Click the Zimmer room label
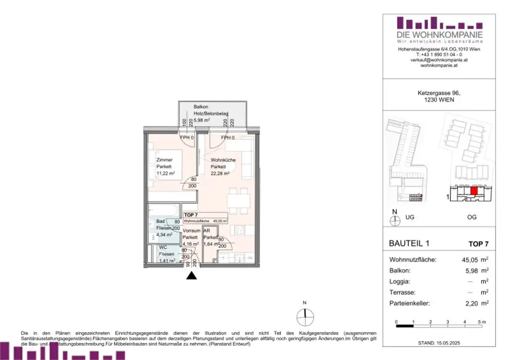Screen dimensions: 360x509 click(165, 160)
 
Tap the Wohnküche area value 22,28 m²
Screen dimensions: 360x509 click(219, 174)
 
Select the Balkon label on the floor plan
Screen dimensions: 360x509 click(201, 107)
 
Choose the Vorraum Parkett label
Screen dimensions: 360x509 click(191, 238)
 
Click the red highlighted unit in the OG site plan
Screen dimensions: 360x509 click(474, 190)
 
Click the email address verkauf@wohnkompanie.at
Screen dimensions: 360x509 click(439, 60)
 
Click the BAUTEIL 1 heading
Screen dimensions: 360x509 click(407, 244)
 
